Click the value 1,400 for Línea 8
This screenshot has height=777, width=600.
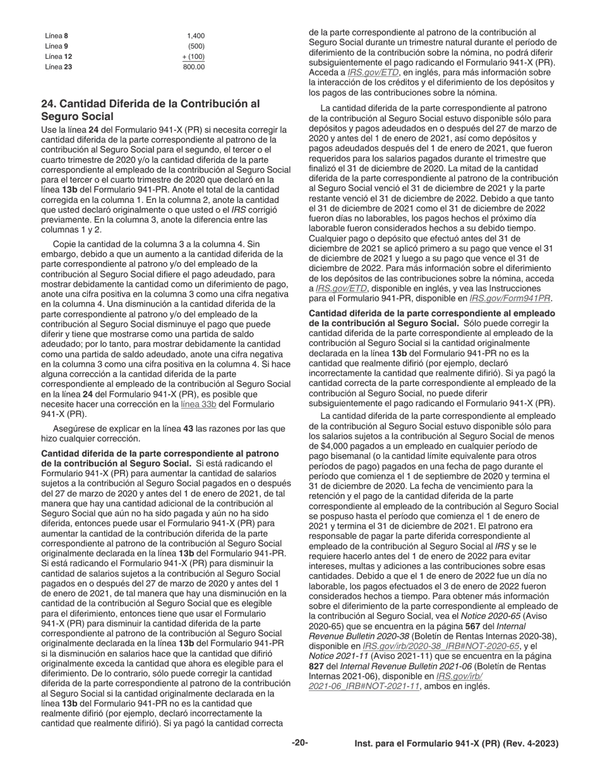click(x=196, y=36)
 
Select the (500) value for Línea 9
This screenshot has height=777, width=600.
click(x=196, y=46)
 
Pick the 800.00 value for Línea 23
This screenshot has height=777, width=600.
click(x=194, y=66)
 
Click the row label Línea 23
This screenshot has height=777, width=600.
click(x=59, y=66)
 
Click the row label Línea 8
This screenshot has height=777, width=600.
click(x=57, y=36)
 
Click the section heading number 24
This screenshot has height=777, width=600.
click(x=49, y=104)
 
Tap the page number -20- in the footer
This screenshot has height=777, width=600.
click(x=300, y=743)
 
